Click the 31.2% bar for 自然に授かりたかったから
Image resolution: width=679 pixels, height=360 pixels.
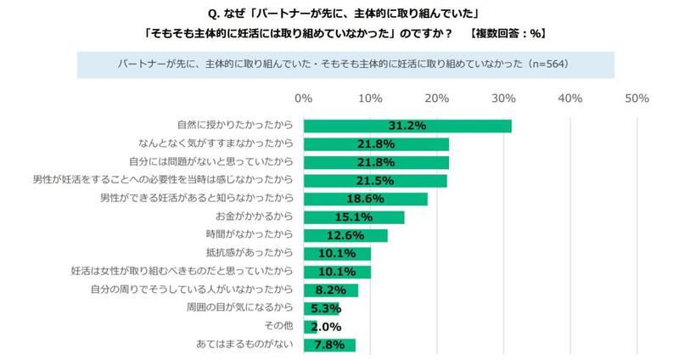407,126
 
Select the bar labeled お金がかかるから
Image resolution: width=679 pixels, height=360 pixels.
353,217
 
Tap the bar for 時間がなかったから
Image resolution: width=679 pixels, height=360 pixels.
345,235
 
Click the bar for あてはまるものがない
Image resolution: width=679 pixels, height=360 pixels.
329,345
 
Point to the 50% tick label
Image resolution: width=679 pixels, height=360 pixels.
637,98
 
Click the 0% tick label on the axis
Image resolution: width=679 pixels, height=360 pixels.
304,98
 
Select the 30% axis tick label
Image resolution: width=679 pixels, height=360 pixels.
503,98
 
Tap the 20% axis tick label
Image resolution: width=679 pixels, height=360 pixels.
436,98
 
